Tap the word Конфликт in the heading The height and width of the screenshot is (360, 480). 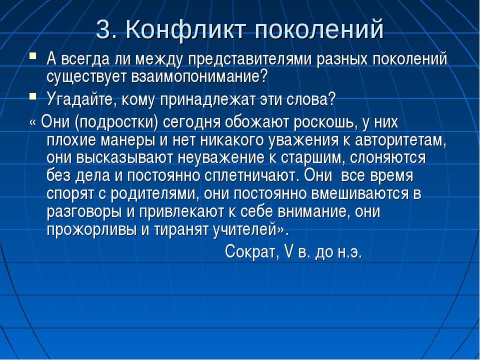pyautogui.click(x=186, y=29)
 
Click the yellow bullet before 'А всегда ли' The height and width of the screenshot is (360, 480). pyautogui.click(x=33, y=56)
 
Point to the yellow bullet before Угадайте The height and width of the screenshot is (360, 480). pyautogui.click(x=33, y=96)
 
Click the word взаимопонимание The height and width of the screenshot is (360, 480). pyautogui.click(x=199, y=76)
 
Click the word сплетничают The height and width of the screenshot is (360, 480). pyautogui.click(x=250, y=175)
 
